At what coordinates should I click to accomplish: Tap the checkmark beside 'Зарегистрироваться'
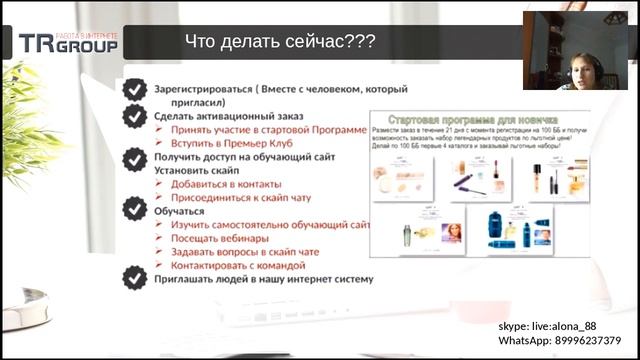click(132, 90)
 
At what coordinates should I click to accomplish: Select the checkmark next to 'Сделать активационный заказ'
click(132, 116)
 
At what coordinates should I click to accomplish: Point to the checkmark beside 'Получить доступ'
click(132, 158)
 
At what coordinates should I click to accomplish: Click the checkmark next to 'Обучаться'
click(132, 208)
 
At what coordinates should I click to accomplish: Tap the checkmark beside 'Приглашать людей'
click(132, 279)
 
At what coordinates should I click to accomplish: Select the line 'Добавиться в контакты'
click(226, 184)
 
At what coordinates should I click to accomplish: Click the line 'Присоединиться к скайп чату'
click(240, 198)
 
